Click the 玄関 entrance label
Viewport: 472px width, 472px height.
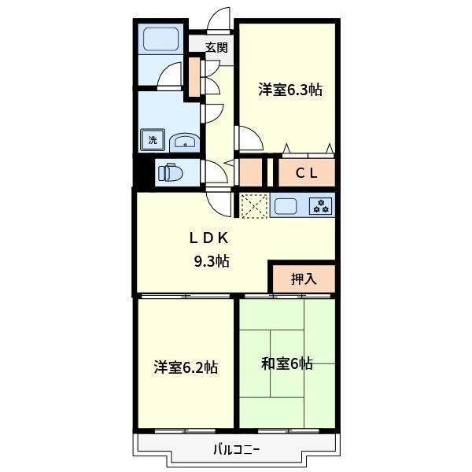[216, 47]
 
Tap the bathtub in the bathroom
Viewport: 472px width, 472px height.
[160, 39]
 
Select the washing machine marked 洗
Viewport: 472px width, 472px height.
[153, 140]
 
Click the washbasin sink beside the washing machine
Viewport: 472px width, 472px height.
[184, 142]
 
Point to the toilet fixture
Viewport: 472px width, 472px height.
[171, 173]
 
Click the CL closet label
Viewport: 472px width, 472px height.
[307, 173]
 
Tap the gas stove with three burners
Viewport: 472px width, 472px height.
[321, 206]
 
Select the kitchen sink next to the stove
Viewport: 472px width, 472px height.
[285, 206]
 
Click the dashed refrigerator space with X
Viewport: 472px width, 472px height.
[254, 205]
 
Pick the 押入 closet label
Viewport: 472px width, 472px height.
[304, 278]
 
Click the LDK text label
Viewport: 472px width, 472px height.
[209, 238]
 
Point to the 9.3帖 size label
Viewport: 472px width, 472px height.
[212, 260]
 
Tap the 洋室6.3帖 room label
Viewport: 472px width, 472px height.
[290, 90]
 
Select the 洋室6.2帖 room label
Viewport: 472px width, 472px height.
[186, 367]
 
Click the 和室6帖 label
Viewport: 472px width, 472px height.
[287, 363]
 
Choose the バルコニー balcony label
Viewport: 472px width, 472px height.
[237, 450]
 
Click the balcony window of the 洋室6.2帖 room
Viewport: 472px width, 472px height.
[185, 431]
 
